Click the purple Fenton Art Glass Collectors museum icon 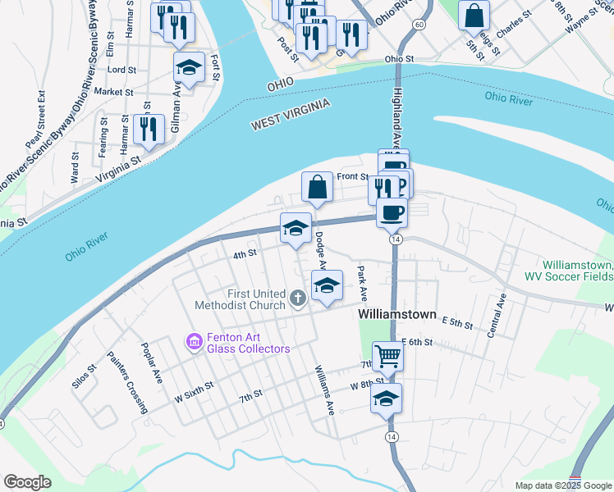coord(194,340)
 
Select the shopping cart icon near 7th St coord(388,356)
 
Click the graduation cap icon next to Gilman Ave coord(190,68)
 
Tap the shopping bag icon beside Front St coord(318,187)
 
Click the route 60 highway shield coord(419,25)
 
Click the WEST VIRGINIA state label coord(291,114)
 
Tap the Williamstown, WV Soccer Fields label coord(567,271)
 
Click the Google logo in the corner coord(27,482)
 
